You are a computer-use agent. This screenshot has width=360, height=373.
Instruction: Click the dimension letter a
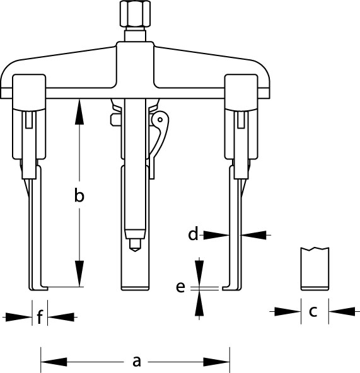(136, 362)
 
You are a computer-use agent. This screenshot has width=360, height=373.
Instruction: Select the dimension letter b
(79, 195)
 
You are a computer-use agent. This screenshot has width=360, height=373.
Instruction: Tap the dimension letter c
(313, 311)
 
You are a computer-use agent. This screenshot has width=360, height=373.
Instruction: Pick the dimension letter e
(180, 287)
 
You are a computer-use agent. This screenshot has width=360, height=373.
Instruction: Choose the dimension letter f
(40, 316)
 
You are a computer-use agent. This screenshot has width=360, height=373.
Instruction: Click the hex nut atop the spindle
(136, 14)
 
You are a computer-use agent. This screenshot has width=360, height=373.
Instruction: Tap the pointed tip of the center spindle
(135, 251)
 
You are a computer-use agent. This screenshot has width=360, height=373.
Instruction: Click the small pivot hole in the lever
(160, 120)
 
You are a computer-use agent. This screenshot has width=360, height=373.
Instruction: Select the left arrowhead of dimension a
(54, 362)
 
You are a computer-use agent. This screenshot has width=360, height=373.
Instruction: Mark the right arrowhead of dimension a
(216, 362)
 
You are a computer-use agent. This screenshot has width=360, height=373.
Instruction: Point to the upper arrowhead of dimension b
(79, 112)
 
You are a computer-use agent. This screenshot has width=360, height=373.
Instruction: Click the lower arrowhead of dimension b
(79, 273)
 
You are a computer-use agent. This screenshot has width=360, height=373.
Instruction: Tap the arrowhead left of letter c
(287, 311)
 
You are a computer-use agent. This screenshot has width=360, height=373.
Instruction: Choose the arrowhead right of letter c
(342, 311)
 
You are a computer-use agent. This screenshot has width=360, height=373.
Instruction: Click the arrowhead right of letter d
(253, 235)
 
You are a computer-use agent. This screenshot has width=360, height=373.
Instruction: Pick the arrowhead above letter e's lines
(199, 273)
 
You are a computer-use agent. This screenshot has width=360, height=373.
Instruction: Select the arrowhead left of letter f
(19, 317)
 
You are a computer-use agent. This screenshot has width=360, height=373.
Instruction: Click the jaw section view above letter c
(315, 269)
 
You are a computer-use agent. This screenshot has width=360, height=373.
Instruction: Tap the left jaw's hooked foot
(39, 288)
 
